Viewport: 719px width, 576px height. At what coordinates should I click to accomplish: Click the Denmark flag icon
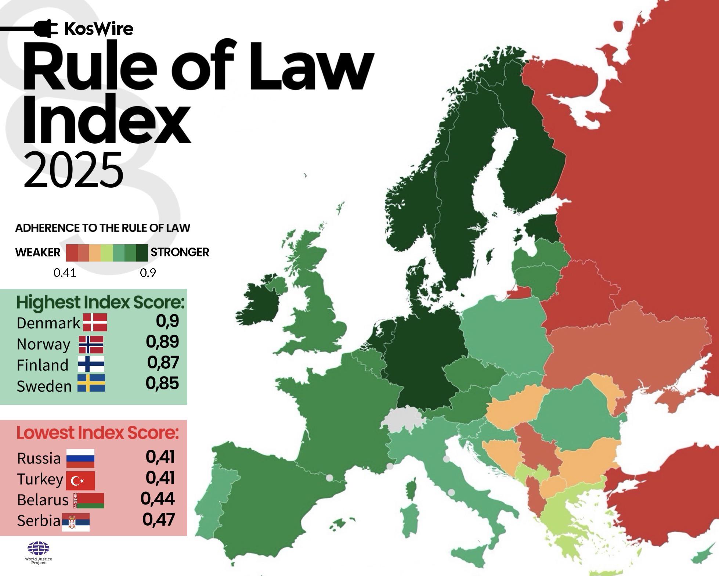click(95, 322)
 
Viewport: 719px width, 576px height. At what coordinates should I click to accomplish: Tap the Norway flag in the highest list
click(91, 344)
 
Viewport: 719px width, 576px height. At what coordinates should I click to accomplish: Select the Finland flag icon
click(91, 364)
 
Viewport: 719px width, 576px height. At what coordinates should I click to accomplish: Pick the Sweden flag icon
click(91, 383)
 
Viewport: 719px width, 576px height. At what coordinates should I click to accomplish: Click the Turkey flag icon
click(80, 480)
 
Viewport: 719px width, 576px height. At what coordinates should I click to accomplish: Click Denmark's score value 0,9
click(167, 321)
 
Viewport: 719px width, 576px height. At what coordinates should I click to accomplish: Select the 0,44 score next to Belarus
click(158, 499)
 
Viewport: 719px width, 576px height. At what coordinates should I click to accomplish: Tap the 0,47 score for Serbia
click(158, 519)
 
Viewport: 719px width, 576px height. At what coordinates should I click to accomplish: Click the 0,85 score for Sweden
click(162, 383)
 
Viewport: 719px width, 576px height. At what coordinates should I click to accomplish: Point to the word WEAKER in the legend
click(38, 252)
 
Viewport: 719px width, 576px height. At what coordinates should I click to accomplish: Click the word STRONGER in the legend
click(180, 252)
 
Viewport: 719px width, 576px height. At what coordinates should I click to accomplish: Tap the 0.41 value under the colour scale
click(65, 273)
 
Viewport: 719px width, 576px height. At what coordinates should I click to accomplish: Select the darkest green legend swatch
click(142, 253)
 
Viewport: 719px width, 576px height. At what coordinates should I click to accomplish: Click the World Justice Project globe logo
click(39, 548)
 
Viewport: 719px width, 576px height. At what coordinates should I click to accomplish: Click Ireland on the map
click(259, 302)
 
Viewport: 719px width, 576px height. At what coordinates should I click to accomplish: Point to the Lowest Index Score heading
click(98, 433)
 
